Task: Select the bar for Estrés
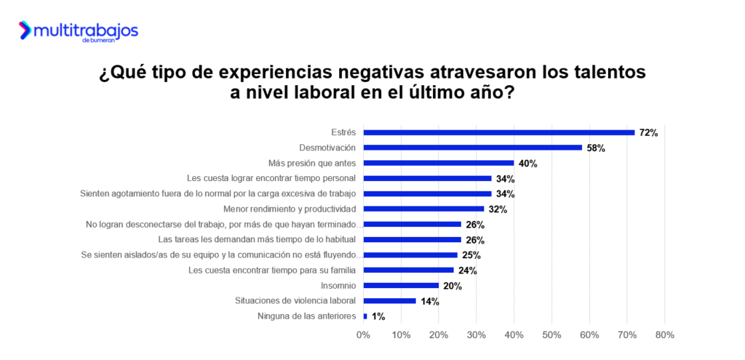[499, 132]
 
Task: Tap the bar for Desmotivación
[473, 148]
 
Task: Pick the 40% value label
[527, 164]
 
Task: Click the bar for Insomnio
[401, 285]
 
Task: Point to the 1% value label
[378, 316]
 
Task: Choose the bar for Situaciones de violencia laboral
[390, 300]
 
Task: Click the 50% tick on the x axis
[551, 335]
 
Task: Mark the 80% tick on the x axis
[664, 335]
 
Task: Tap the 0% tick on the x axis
[363, 335]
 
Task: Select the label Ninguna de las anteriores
[307, 316]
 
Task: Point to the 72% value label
[648, 133]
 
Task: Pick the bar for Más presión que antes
[439, 163]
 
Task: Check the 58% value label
[596, 148]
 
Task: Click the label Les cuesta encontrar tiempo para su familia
[272, 270]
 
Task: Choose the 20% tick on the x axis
[439, 335]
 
